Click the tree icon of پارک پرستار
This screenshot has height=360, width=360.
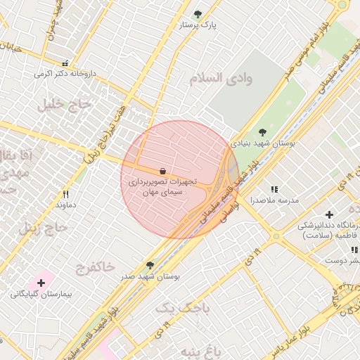tap(198, 13)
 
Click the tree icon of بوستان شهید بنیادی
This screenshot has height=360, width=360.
tap(262, 131)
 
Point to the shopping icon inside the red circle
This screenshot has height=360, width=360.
tap(163, 171)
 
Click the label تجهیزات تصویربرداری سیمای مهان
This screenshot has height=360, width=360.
tap(162, 186)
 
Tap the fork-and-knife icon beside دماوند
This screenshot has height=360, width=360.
tap(66, 194)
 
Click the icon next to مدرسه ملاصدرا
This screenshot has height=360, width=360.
tap(274, 190)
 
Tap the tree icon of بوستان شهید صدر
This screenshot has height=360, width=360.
tap(150, 265)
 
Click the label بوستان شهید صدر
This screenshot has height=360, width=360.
tap(150, 276)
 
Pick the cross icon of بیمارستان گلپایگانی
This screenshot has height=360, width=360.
tap(41, 283)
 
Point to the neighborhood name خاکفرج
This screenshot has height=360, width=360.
tap(95, 267)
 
